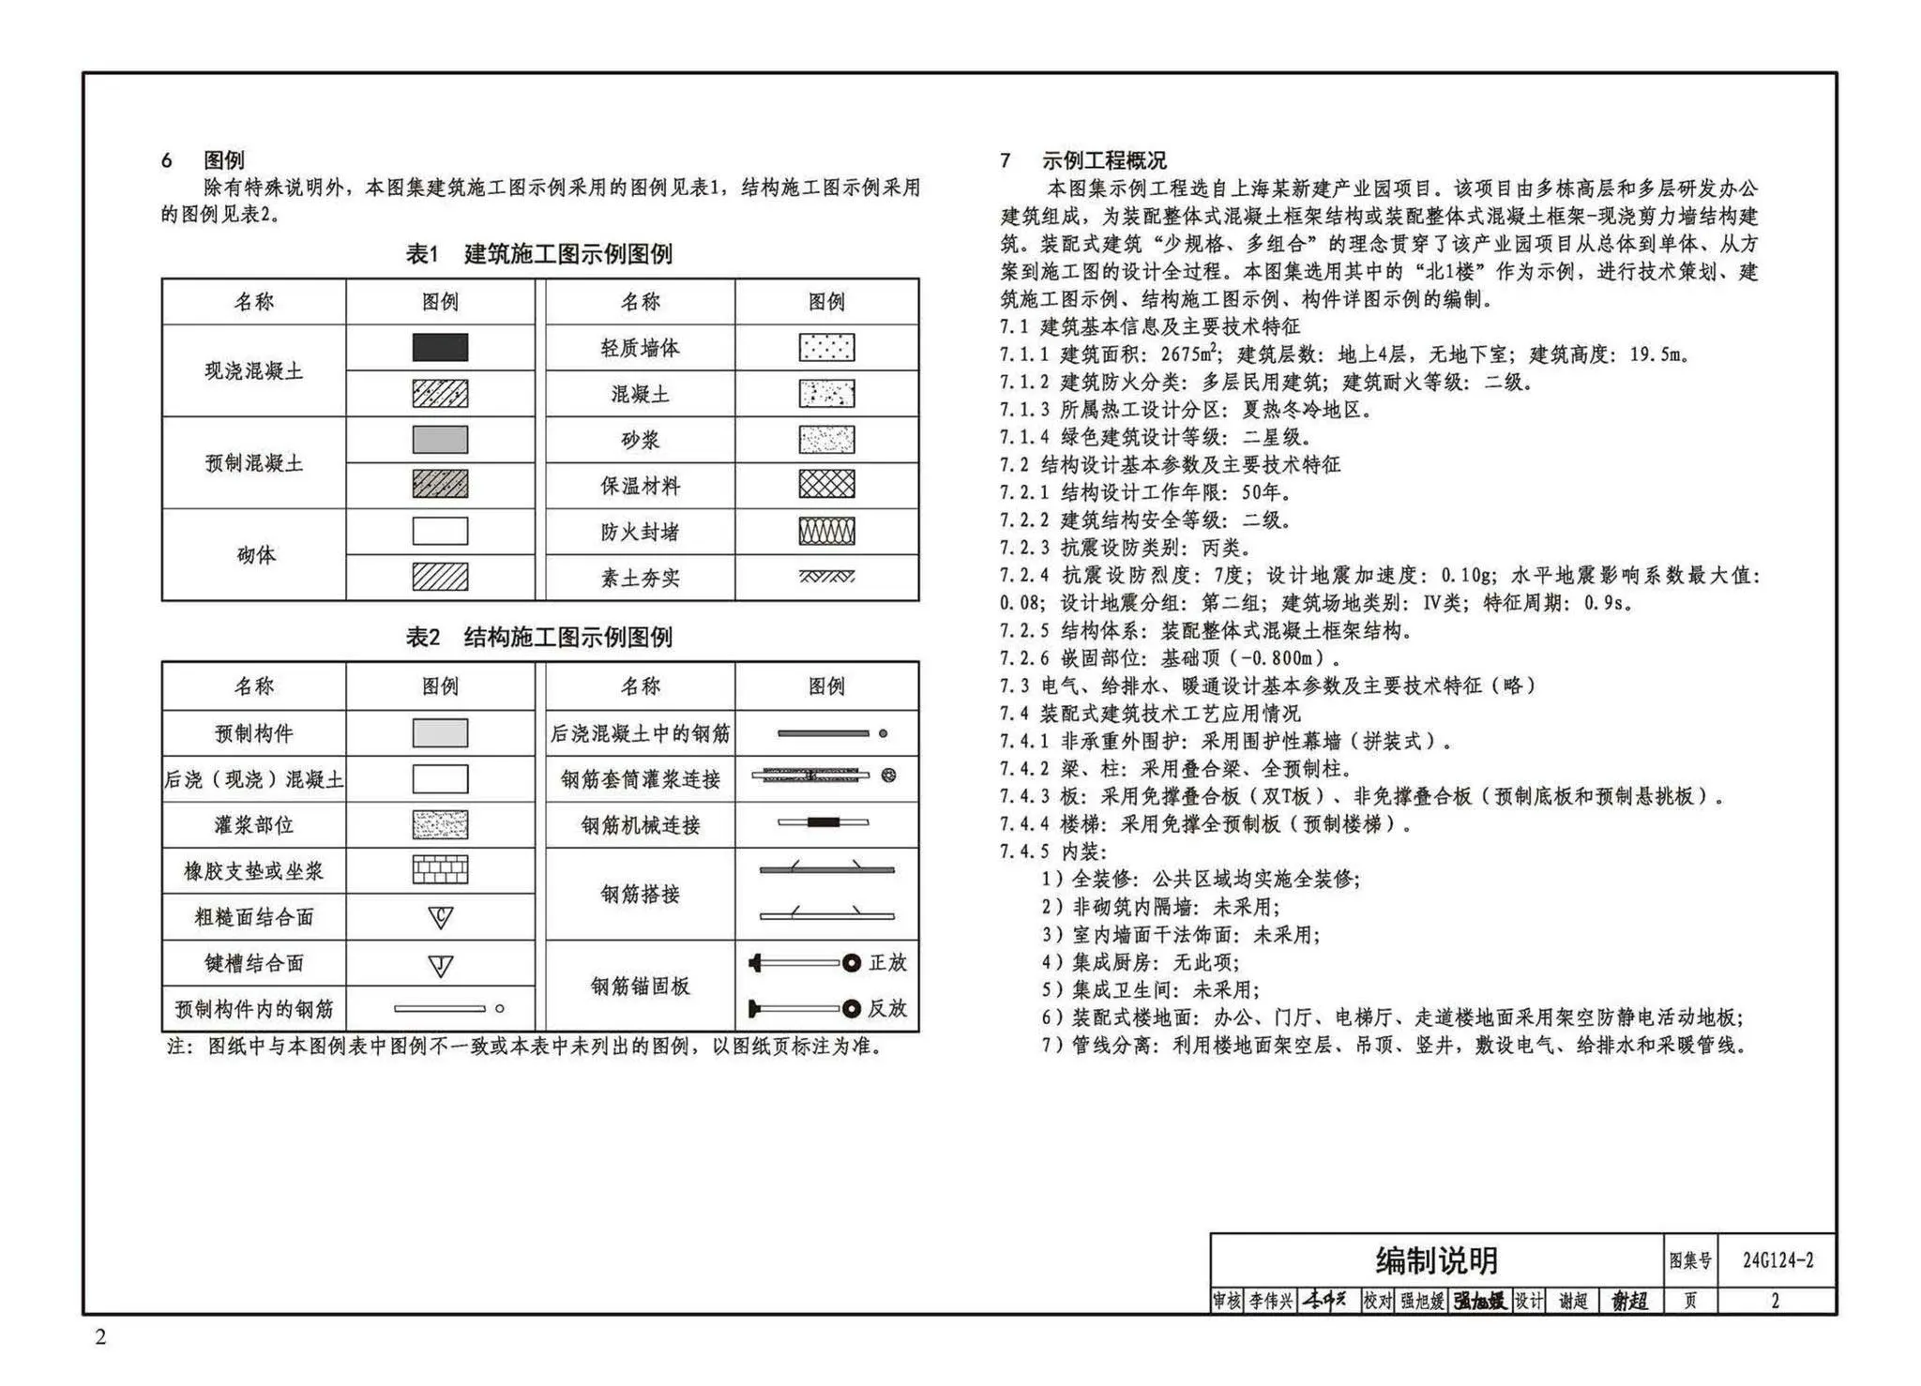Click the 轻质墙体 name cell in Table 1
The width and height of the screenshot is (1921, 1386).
pyautogui.click(x=640, y=348)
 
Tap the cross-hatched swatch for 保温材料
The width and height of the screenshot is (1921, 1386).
pyautogui.click(x=826, y=485)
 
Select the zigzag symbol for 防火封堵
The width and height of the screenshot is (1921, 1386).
pyautogui.click(x=826, y=531)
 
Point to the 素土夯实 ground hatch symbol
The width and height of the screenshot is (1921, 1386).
pyautogui.click(x=826, y=577)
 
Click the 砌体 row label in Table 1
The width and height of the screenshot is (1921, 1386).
pyautogui.click(x=254, y=555)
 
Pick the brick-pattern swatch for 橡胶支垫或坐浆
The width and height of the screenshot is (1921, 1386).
pyautogui.click(x=440, y=870)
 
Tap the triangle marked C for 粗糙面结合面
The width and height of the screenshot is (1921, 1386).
pyautogui.click(x=440, y=917)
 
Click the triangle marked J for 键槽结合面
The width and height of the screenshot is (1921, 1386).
pyautogui.click(x=440, y=965)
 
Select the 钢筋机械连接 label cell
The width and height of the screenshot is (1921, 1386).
pyautogui.click(x=640, y=825)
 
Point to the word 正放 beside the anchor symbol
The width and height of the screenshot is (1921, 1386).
pyautogui.click(x=886, y=963)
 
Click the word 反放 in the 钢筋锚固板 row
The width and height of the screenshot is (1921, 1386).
pyautogui.click(x=886, y=1009)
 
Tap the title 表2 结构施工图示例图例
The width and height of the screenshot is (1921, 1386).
pyautogui.click(x=538, y=638)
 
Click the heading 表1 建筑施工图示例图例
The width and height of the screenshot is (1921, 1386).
pyautogui.click(x=538, y=254)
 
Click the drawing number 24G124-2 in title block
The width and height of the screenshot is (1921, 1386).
pyautogui.click(x=1777, y=1261)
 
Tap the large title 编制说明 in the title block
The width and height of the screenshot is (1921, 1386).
pyautogui.click(x=1436, y=1261)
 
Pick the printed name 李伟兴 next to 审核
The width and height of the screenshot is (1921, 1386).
pyautogui.click(x=1270, y=1302)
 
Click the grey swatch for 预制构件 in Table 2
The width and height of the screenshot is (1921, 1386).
pyautogui.click(x=440, y=733)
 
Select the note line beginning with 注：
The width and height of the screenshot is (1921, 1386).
pyautogui.click(x=525, y=1047)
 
